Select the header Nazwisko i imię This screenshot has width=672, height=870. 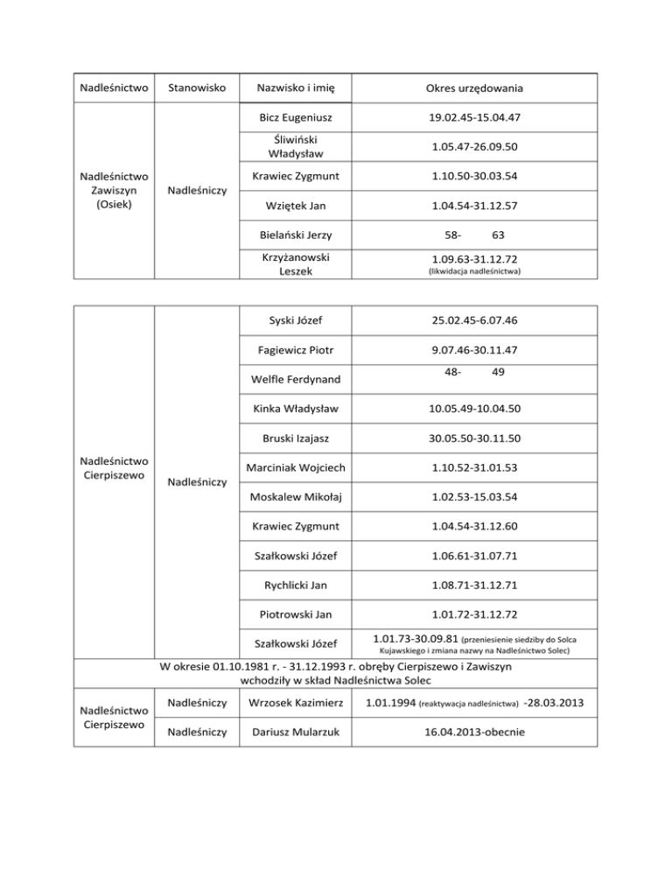tap(297, 88)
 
